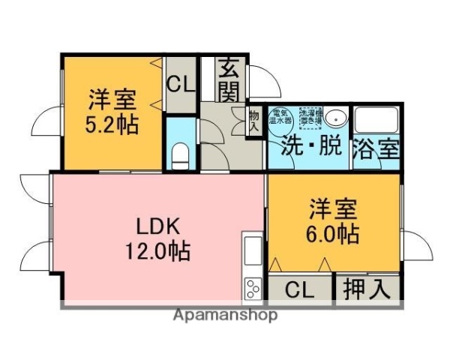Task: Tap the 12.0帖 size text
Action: click(157, 250)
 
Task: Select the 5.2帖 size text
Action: click(112, 124)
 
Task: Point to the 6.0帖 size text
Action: click(332, 233)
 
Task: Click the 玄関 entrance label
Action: click(229, 80)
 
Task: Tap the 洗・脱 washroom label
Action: click(308, 147)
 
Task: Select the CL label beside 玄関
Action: click(181, 83)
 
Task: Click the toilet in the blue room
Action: click(181, 156)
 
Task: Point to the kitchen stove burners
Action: click(252, 288)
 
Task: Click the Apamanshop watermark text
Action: click(225, 315)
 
